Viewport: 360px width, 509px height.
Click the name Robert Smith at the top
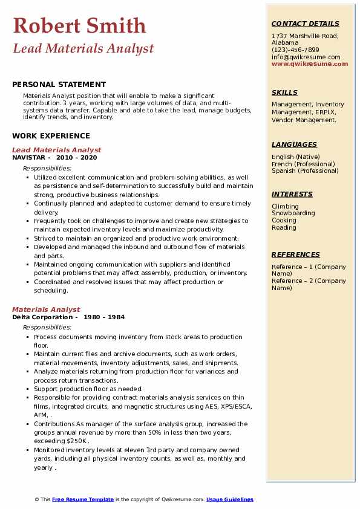click(x=79, y=25)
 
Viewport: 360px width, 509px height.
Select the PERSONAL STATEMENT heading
click(x=59, y=85)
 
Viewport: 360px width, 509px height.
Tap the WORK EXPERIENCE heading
click(x=51, y=136)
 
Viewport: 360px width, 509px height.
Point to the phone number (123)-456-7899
click(x=295, y=50)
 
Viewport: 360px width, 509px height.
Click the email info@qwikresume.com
click(x=306, y=57)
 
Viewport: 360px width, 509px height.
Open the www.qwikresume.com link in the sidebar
click(x=310, y=64)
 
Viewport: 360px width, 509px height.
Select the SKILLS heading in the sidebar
click(x=284, y=92)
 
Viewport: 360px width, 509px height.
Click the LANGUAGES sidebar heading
click(x=294, y=144)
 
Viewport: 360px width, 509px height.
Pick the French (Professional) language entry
click(x=304, y=164)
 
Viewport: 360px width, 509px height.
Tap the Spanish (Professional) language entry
click(x=305, y=171)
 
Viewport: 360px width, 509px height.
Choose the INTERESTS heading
click(x=292, y=194)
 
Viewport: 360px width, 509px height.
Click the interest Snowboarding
click(x=293, y=213)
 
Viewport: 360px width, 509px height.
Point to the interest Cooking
click(x=284, y=221)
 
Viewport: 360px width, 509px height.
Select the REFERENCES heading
click(x=295, y=254)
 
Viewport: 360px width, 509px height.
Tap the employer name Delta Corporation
click(x=42, y=317)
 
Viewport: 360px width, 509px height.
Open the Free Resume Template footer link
click(x=83, y=500)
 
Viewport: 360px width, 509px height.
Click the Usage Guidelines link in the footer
click(x=229, y=500)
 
